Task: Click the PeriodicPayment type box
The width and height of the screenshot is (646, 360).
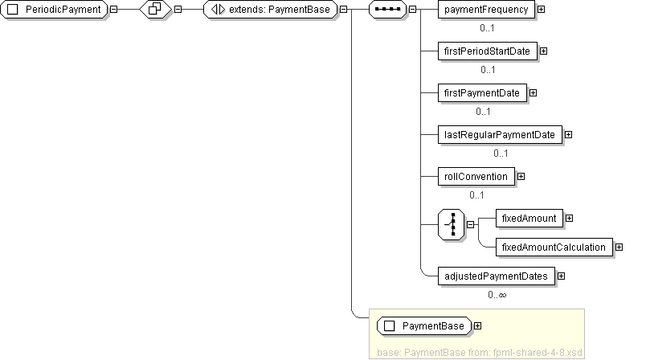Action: click(55, 10)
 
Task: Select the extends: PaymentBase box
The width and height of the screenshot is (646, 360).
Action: click(270, 10)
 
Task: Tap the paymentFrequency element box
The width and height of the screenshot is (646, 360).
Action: click(486, 10)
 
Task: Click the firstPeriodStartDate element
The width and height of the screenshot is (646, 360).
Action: click(487, 51)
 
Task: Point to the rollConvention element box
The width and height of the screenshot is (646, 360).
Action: click(476, 177)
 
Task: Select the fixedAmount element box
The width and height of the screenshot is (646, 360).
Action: click(528, 218)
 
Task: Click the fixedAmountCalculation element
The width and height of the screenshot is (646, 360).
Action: click(554, 247)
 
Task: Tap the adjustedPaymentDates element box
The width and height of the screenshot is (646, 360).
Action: click(496, 276)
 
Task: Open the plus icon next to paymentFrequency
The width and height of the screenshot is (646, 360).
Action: click(541, 10)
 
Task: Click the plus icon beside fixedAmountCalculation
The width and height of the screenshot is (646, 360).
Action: click(619, 247)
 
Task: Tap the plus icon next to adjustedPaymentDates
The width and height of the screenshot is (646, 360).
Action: click(561, 276)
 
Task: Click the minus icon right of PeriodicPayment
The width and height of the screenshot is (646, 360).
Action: click(113, 10)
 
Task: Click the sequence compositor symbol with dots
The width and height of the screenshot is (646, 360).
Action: click(388, 10)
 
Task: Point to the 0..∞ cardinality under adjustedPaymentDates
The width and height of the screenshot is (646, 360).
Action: click(497, 295)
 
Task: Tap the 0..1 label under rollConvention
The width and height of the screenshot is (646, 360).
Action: click(476, 195)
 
